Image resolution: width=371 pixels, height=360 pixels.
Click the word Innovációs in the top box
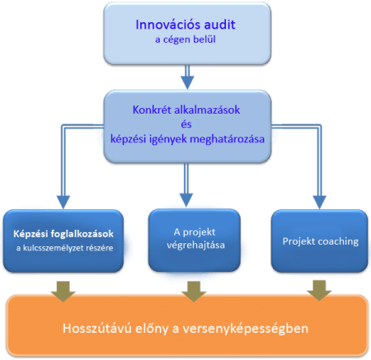(162, 25)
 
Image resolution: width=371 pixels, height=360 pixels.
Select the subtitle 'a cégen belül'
(185, 40)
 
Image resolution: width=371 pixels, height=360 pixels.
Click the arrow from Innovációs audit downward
(187, 77)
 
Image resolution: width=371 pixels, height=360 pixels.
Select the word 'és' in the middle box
(186, 124)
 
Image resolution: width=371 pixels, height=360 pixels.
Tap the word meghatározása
(228, 139)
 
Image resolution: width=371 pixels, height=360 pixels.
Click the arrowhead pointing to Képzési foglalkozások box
(63, 203)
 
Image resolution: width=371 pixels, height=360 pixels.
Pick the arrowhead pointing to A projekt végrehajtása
(186, 200)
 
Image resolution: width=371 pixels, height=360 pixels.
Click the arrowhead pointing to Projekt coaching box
(320, 203)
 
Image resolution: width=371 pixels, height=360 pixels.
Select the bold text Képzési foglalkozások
(63, 234)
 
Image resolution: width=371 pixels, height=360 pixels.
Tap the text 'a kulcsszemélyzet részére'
(64, 248)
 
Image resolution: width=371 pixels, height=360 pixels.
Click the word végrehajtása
(195, 245)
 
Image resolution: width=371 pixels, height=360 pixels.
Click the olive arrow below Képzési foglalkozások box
(63, 292)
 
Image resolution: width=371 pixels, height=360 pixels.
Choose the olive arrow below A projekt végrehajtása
(195, 292)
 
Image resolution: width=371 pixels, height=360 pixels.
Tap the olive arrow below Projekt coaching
(319, 291)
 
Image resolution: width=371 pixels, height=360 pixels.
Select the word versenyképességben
(246, 329)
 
